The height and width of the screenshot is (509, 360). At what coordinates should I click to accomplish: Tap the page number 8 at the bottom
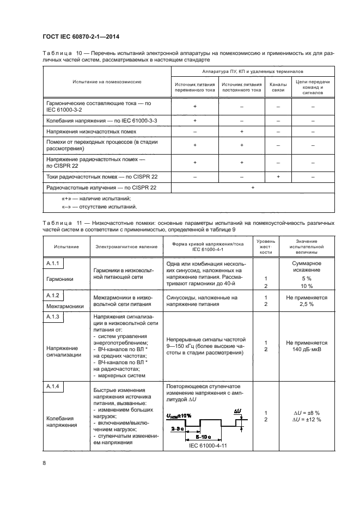tap(44, 463)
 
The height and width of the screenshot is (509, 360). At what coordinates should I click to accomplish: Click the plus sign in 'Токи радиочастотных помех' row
tap(278, 176)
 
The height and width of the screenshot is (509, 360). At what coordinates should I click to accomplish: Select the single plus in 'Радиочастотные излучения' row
tap(252, 187)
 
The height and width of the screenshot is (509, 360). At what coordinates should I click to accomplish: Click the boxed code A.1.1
tap(53, 264)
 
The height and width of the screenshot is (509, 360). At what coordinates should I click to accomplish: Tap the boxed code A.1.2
tap(53, 295)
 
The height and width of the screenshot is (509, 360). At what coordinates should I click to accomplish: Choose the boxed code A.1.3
tap(53, 316)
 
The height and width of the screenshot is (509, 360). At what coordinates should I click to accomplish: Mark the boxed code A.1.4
tap(53, 387)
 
